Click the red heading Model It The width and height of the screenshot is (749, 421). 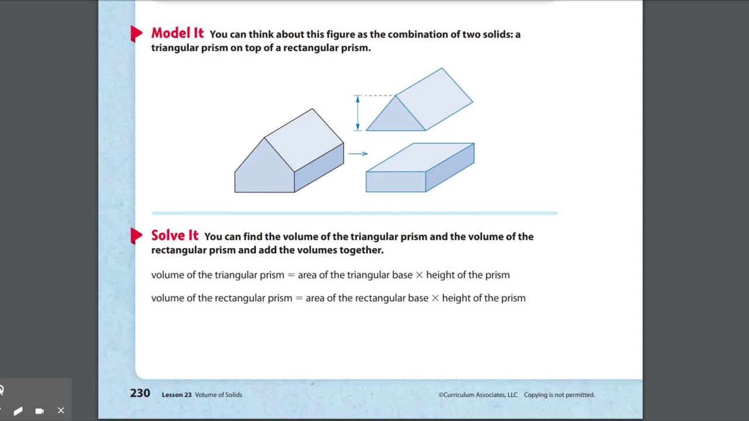click(177, 33)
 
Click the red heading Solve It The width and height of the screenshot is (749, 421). click(175, 236)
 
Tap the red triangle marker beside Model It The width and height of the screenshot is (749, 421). click(136, 34)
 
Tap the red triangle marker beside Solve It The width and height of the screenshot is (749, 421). click(136, 236)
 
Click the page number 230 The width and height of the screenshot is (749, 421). click(140, 394)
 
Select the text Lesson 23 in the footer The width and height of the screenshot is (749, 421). click(176, 395)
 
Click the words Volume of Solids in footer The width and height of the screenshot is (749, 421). click(218, 395)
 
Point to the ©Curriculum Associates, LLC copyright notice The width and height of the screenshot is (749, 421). click(478, 395)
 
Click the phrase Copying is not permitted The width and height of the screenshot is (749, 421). click(559, 395)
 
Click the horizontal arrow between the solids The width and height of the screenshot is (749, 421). click(358, 154)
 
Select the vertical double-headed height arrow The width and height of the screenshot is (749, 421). click(358, 113)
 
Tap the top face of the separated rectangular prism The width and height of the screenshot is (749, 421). click(420, 157)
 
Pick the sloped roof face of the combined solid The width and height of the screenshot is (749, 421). click(304, 139)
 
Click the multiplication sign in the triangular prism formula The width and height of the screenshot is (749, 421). click(419, 275)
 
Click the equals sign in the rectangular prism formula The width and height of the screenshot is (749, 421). click(298, 298)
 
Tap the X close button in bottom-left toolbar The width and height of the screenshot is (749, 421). click(61, 410)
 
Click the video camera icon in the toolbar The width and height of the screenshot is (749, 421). click(39, 410)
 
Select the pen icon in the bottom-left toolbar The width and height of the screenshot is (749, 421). click(18, 411)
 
